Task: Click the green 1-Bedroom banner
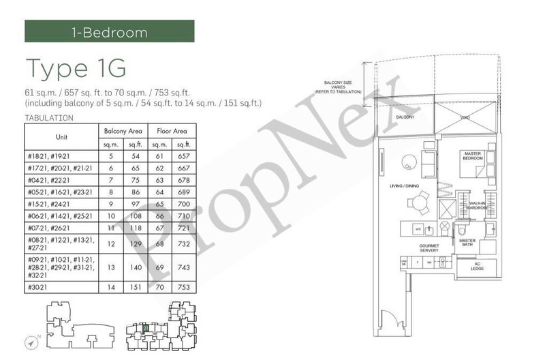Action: coord(109,31)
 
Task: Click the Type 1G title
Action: coord(75,68)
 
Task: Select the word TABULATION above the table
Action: coord(48,118)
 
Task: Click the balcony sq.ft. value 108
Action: coord(135,215)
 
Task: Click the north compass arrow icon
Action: coord(33,341)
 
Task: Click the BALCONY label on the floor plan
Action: coord(405,117)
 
